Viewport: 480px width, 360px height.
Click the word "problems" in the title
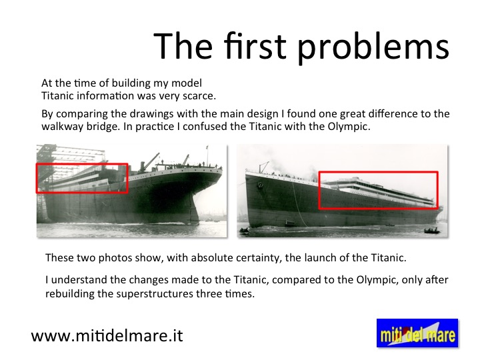click(373, 47)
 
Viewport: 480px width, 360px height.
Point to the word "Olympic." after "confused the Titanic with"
click(349, 126)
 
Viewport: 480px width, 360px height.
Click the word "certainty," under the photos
click(257, 258)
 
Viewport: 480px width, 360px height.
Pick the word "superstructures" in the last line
click(155, 294)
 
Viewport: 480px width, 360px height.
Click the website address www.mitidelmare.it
click(107, 336)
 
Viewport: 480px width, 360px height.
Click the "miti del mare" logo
click(417, 333)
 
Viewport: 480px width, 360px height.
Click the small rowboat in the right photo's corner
click(432, 231)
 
